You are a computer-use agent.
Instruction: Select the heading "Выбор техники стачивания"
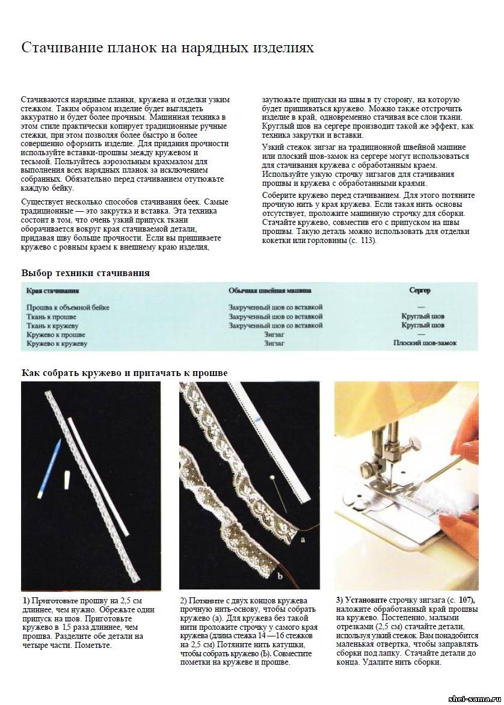[x=85, y=273]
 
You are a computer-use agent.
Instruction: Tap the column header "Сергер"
[x=420, y=291]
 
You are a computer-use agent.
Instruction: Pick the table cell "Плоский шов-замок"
[x=425, y=343]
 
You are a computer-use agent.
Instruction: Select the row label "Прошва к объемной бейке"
[x=68, y=307]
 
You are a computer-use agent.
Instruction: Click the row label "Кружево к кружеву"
[x=57, y=343]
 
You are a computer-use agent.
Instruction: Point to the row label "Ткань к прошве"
[x=52, y=316]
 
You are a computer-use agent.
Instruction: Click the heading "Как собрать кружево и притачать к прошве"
[x=124, y=374]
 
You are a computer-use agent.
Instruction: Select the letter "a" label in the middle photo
[x=302, y=540]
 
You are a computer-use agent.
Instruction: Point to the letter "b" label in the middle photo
[x=280, y=576]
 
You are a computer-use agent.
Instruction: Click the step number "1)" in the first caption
[x=26, y=601]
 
